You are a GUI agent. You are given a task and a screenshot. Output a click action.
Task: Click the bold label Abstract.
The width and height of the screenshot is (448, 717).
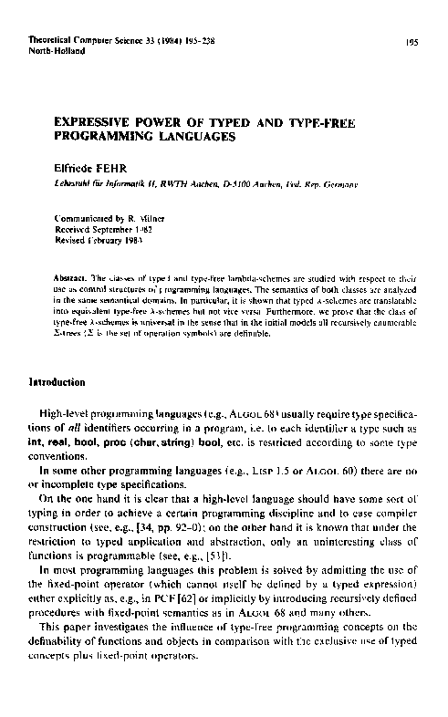(x=71, y=276)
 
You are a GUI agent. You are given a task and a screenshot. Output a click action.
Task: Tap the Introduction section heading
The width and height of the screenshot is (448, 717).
(x=61, y=382)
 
